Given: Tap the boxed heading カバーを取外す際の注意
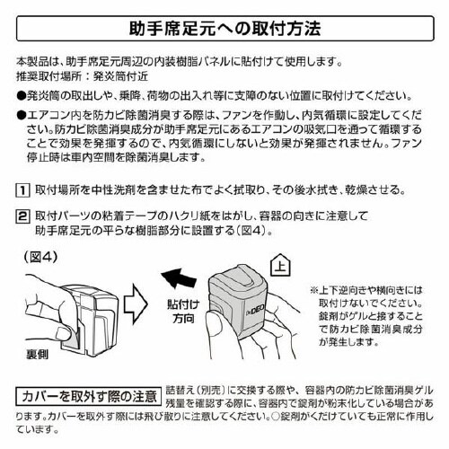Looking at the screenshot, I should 90,396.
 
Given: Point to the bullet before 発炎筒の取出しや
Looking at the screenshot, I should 21,93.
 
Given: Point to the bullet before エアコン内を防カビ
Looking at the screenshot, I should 21,116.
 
